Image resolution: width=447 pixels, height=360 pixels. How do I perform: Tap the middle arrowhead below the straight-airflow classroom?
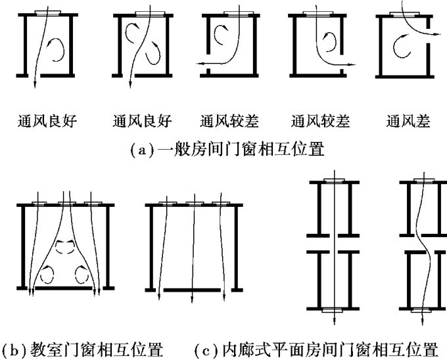tap(191, 300)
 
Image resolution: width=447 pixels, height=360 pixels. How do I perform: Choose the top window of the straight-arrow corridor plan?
tap(334, 179)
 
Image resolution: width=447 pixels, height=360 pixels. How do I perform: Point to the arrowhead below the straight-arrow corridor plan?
tap(334, 322)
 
